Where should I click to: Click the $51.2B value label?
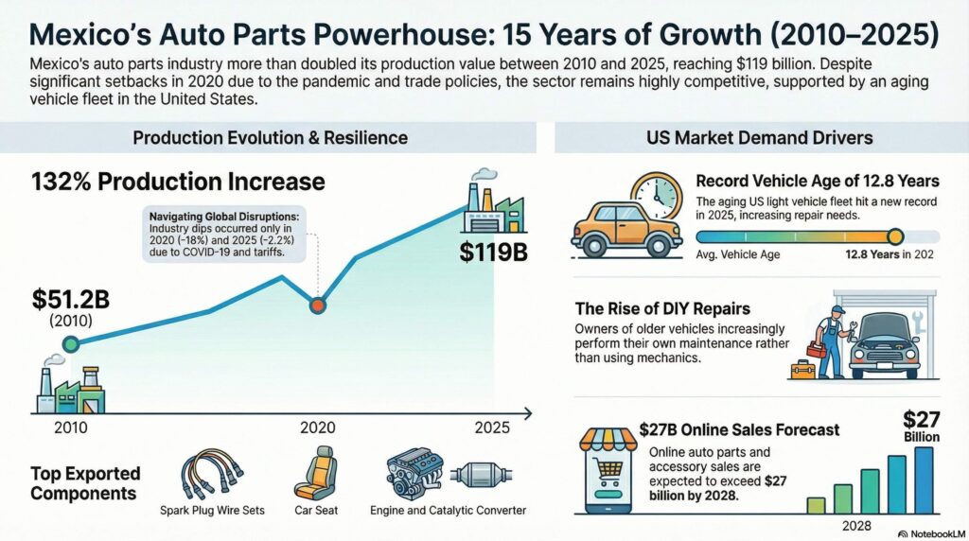(71, 300)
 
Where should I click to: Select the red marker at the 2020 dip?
(318, 305)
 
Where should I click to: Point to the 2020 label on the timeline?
(318, 428)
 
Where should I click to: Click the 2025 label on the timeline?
(491, 428)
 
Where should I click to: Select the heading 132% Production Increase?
(178, 181)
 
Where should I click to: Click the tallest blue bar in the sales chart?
(924, 480)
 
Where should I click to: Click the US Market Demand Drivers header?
(759, 138)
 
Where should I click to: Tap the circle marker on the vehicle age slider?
(895, 236)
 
